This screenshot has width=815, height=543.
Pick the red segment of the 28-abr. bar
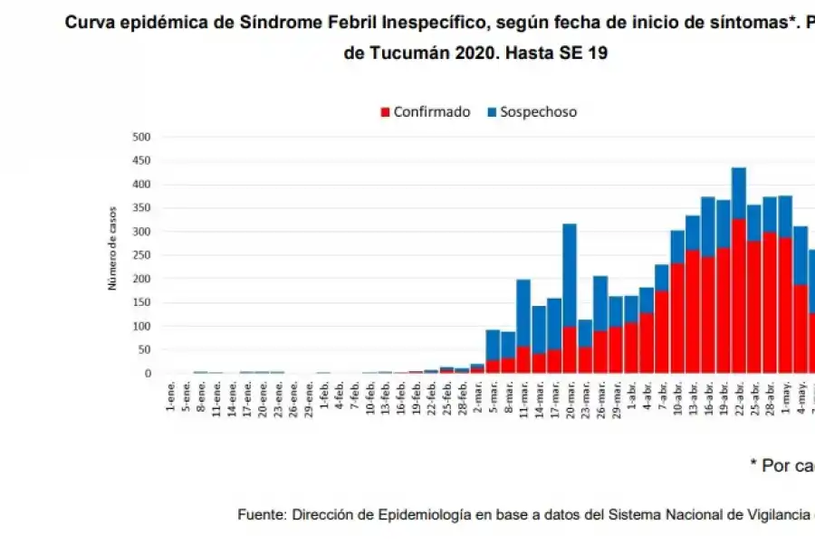(770, 303)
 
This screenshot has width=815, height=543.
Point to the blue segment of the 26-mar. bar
(599, 303)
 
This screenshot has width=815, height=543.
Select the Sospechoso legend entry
(532, 112)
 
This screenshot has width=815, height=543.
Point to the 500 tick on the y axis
(141, 138)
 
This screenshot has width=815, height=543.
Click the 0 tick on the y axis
(147, 374)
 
